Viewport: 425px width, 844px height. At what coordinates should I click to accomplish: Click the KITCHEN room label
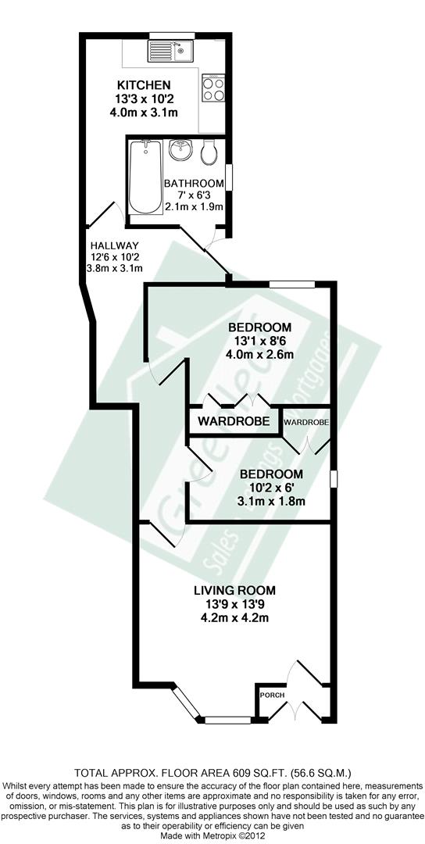[x=144, y=85]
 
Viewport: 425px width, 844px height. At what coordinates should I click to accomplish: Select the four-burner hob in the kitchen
[x=212, y=87]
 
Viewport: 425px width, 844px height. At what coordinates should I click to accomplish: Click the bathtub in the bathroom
[x=145, y=178]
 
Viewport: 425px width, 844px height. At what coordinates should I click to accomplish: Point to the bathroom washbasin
[x=180, y=150]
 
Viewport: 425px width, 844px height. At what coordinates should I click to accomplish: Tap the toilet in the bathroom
[x=209, y=152]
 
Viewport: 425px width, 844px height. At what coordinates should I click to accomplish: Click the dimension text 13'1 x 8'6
[x=260, y=341]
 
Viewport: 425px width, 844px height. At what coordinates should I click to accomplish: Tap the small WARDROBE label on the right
[x=306, y=422]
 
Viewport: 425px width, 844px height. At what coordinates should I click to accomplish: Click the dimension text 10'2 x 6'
[x=271, y=488]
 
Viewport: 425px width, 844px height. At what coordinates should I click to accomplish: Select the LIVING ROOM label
[x=237, y=590]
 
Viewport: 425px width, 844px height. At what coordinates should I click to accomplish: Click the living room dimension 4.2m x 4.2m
[x=237, y=618]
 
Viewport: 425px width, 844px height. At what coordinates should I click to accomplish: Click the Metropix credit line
[x=212, y=836]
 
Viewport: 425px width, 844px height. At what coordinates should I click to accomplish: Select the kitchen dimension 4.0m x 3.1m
[x=144, y=112]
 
